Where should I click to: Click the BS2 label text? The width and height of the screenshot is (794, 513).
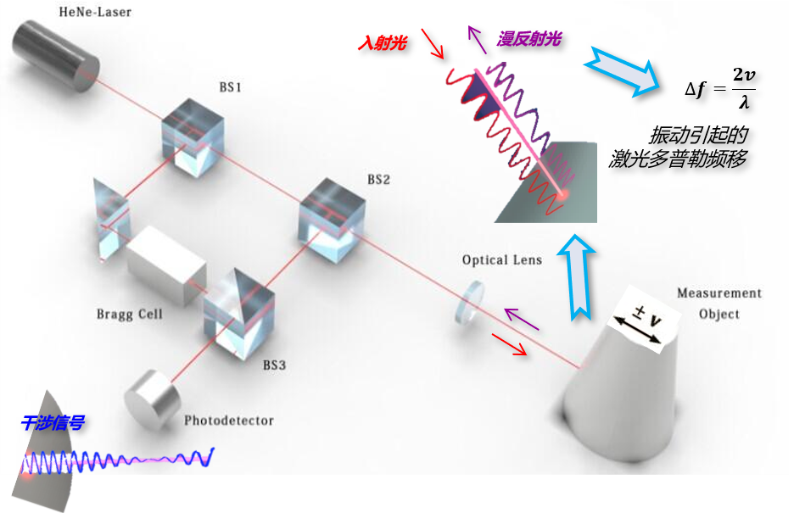point(378,180)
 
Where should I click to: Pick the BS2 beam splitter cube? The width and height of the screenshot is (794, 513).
point(330,218)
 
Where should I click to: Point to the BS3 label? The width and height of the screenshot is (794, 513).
point(275,366)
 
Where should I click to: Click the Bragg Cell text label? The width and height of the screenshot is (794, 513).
point(129,315)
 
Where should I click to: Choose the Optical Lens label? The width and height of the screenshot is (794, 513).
point(502,259)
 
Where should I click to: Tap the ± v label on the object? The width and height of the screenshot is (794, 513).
point(640,322)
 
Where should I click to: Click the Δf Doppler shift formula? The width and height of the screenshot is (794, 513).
point(720,87)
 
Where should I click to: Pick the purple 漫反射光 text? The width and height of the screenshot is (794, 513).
point(528,38)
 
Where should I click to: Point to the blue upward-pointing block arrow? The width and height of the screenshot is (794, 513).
point(579,281)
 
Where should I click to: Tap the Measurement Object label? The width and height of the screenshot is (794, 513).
point(719,304)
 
